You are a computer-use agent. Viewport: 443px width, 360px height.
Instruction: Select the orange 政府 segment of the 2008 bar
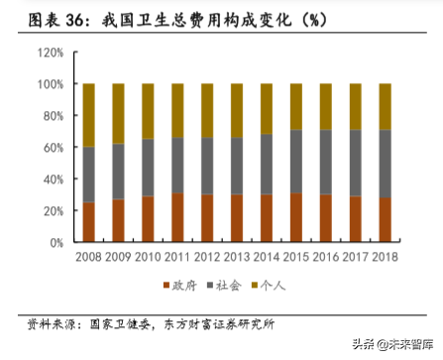click(89, 222)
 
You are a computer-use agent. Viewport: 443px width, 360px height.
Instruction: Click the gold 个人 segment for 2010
click(149, 111)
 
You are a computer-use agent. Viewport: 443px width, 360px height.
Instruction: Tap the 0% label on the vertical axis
click(55, 242)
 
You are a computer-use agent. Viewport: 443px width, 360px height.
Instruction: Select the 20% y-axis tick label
click(51, 210)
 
